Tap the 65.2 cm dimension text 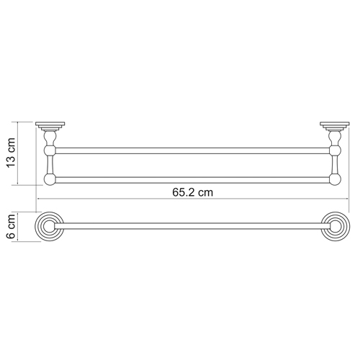pyautogui.click(x=192, y=192)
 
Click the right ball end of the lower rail pyautogui.click(x=334, y=179)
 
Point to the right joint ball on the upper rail pyautogui.click(x=334, y=151)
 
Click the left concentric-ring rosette pyautogui.click(x=49, y=226)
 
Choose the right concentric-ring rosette pyautogui.click(x=334, y=226)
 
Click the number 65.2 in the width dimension pyautogui.click(x=184, y=192)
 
